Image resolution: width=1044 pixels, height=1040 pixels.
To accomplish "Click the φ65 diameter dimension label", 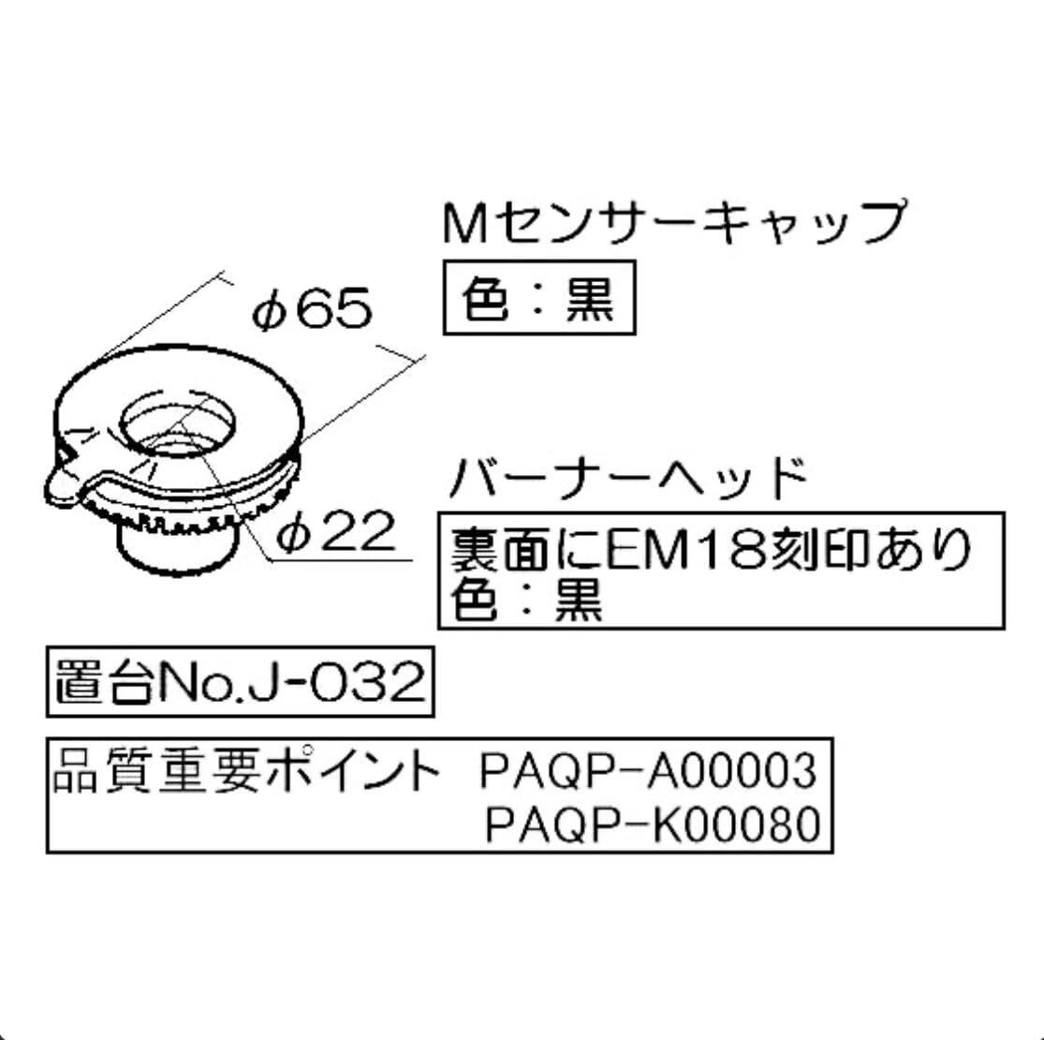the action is [312, 308].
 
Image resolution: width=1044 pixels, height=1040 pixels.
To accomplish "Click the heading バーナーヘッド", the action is [627, 478].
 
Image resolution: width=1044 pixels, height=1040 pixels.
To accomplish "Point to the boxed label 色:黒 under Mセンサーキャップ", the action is [538, 300].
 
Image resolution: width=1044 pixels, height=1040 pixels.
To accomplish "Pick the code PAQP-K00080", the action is [652, 825].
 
